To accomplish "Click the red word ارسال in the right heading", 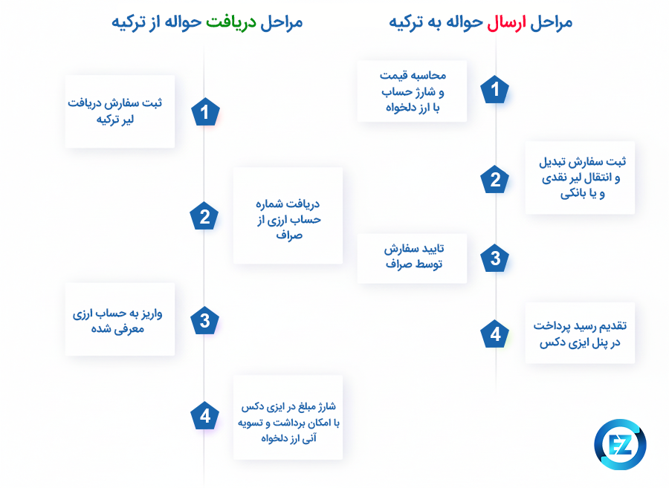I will (507, 22).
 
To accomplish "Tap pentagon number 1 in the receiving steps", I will (204, 112).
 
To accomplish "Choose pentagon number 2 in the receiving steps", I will (204, 216).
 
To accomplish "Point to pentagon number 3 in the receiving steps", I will (204, 320).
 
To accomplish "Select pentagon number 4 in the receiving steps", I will (204, 417).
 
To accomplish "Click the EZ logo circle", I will (620, 444).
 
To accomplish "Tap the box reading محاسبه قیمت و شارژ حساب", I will (412, 91).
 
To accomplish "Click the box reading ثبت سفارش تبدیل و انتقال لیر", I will (580, 178).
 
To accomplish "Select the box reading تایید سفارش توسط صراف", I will (412, 258).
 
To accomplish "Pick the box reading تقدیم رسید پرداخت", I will (580, 332).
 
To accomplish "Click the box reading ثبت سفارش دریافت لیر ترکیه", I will (120, 111).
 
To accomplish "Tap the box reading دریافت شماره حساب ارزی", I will (288, 215).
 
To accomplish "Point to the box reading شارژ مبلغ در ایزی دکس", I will (288, 417).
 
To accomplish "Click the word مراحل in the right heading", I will (551, 22).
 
